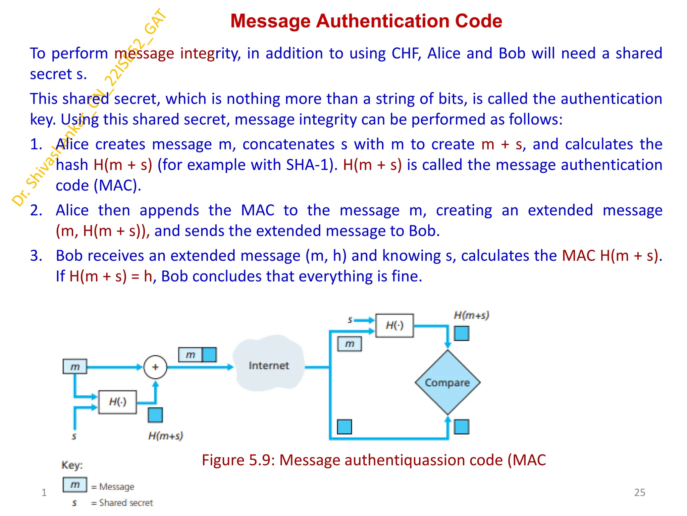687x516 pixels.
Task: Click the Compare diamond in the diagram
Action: pos(447,382)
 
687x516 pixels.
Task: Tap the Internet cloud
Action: pos(269,365)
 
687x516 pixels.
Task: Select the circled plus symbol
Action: pos(155,367)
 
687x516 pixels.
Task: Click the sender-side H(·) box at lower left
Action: pos(117,402)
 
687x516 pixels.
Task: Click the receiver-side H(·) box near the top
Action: pos(394,325)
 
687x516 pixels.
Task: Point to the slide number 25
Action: pos(639,492)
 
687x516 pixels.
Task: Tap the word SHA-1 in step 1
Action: pos(310,165)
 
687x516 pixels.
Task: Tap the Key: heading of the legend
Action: pos(72,465)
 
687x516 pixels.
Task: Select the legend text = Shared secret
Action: pos(122,503)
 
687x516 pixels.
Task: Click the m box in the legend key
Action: pos(75,484)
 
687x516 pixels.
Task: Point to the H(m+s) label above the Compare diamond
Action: pos(471,315)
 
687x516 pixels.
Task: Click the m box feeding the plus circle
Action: pos(75,367)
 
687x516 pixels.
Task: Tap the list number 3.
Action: pos(36,256)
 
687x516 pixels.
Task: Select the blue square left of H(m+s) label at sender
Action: pos(155,415)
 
